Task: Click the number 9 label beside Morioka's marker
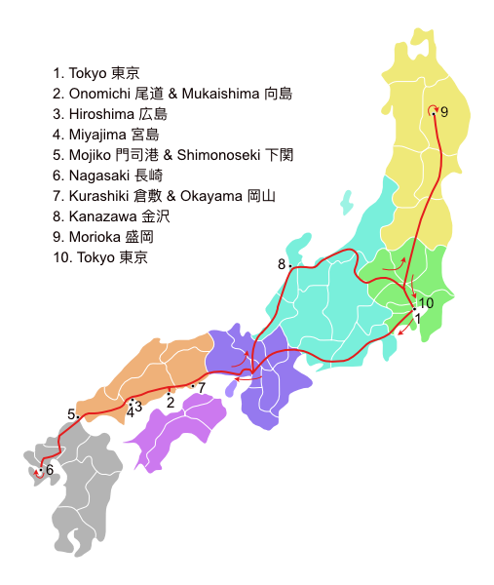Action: tap(444, 112)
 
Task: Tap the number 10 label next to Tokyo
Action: tap(426, 303)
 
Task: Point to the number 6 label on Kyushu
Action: tap(49, 470)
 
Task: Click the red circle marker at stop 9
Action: tap(433, 110)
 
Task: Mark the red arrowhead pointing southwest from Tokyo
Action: tap(399, 331)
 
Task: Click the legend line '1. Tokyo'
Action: tap(97, 73)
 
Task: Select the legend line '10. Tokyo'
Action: tap(101, 257)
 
